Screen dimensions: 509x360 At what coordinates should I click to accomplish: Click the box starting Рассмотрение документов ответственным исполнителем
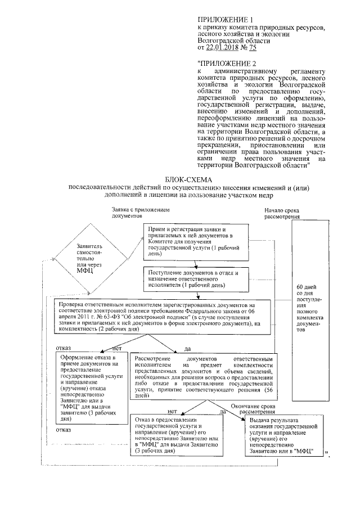[x=203, y=377]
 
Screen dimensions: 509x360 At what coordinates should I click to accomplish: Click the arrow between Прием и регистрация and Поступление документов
[x=191, y=260]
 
